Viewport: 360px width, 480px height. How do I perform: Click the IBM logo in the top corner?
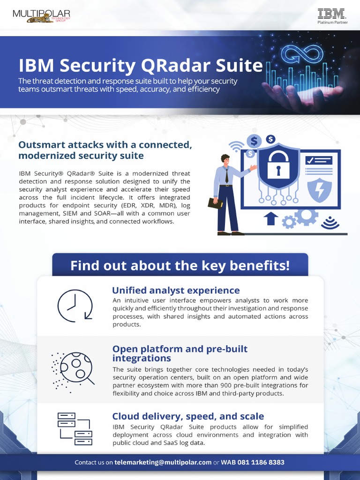tap(331, 14)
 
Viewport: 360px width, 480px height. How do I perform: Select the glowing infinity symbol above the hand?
tap(302, 55)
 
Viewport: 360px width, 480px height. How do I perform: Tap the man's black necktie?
tap(227, 176)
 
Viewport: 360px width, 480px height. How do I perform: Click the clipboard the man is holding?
tap(215, 203)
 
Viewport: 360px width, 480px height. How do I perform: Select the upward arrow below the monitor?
tap(271, 218)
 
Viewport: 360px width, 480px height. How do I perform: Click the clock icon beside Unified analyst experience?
tap(75, 306)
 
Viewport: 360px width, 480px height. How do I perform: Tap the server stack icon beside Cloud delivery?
tap(75, 428)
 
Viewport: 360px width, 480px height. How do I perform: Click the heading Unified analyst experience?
tap(176, 290)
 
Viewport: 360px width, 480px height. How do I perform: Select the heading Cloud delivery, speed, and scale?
tap(188, 416)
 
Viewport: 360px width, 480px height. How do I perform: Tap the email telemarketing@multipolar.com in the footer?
tap(163, 462)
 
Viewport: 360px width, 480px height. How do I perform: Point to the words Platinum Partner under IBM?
tap(332, 22)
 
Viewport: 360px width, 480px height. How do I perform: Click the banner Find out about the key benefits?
tap(180, 265)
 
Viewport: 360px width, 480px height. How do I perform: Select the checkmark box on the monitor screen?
tap(312, 160)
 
